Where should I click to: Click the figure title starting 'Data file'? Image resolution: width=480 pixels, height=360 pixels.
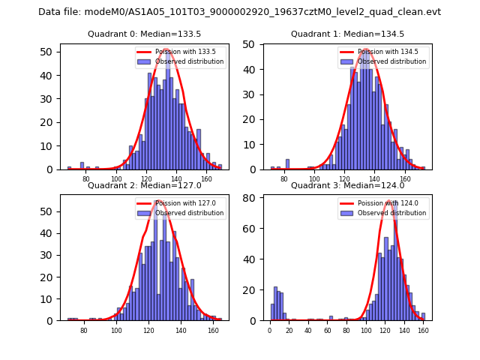[240, 12]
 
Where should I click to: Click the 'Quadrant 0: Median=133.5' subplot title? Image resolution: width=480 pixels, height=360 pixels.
[144, 34]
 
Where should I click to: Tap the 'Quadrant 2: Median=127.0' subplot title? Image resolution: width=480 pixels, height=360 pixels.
[144, 185]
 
